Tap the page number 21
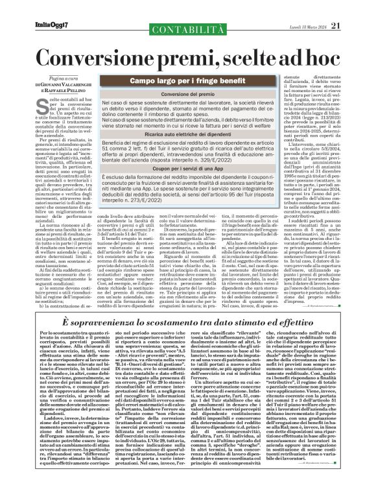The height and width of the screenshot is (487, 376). tap(353, 8)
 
